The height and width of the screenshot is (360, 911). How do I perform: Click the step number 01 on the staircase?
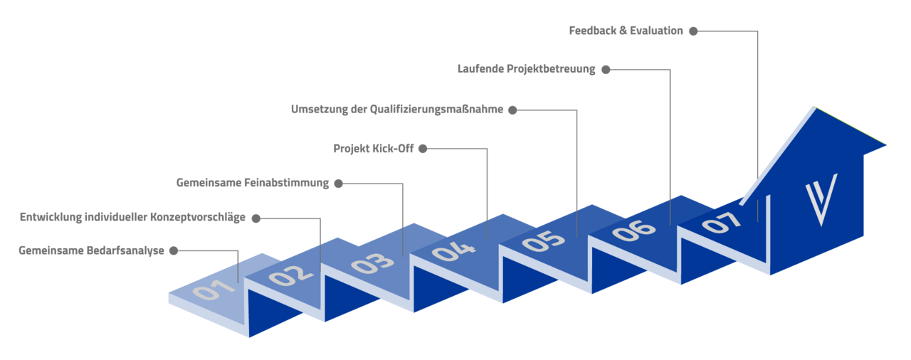[x=214, y=290]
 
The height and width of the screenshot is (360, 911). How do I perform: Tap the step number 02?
[x=291, y=275]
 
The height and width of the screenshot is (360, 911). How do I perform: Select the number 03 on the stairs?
[x=372, y=264]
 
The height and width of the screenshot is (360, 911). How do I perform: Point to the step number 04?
[x=453, y=252]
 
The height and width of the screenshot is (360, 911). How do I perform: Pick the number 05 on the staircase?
[x=543, y=241]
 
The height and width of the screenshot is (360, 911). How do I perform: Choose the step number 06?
[x=633, y=231]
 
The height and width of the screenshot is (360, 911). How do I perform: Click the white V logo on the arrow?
[x=821, y=199]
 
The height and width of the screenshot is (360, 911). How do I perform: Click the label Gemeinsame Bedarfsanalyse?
[x=92, y=250]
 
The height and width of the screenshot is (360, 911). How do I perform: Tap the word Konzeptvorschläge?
[x=198, y=218]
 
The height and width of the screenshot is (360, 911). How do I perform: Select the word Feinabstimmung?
[x=286, y=183]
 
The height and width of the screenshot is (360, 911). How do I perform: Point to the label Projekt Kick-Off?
[x=374, y=149]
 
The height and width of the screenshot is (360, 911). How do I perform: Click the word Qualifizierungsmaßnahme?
[x=436, y=110]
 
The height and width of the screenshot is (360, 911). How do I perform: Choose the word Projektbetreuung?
[x=551, y=69]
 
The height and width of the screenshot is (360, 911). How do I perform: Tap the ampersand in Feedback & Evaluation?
[x=623, y=31]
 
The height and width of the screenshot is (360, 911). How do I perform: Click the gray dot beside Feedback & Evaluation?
[x=693, y=31]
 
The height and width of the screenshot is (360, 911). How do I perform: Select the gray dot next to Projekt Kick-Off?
[x=423, y=149]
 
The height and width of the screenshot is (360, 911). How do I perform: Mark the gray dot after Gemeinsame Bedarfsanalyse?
[x=174, y=250]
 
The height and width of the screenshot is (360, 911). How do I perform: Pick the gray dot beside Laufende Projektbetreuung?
[x=606, y=70]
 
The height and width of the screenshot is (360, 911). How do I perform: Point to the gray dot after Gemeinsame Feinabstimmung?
[x=338, y=184]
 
